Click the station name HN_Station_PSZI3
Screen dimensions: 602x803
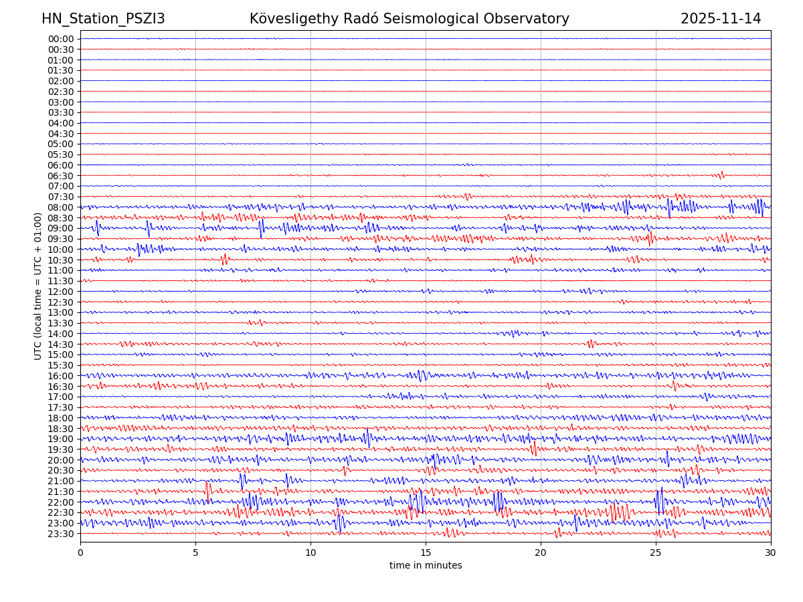103,19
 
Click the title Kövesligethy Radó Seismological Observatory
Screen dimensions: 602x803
409,19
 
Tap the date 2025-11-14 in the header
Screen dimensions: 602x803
721,19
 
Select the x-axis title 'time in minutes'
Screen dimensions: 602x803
426,566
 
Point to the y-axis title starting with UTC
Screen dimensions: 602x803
38,286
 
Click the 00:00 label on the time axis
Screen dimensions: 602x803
61,39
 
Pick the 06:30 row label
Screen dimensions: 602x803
61,176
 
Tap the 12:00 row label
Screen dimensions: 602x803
61,292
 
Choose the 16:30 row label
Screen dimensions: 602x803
61,387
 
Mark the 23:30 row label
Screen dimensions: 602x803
61,534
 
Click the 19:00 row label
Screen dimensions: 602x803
61,439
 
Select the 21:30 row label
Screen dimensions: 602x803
61,492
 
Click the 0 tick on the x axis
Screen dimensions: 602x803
80,552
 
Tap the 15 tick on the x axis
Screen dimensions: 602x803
426,552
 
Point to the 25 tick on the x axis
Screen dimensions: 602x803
656,552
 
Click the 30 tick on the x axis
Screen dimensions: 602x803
771,552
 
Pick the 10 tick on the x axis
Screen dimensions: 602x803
310,552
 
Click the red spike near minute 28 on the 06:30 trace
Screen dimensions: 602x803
721,175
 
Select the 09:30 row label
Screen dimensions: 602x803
61,239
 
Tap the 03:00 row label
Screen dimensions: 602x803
61,102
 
